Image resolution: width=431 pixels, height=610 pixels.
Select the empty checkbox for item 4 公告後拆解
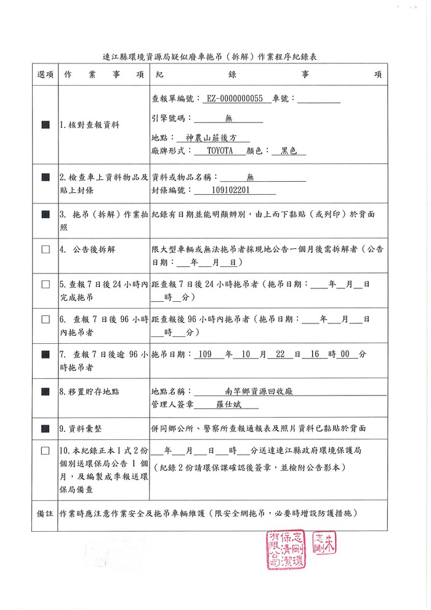46,250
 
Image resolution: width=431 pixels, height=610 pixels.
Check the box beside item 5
46,285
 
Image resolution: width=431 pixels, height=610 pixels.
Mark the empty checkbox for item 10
46,450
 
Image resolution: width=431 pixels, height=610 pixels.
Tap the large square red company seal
285,548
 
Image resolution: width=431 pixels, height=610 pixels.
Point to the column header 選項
46,75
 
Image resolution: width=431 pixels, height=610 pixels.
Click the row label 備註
46,513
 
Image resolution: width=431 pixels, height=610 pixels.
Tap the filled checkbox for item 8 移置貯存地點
46,391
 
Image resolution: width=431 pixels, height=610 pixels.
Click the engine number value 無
228,118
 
